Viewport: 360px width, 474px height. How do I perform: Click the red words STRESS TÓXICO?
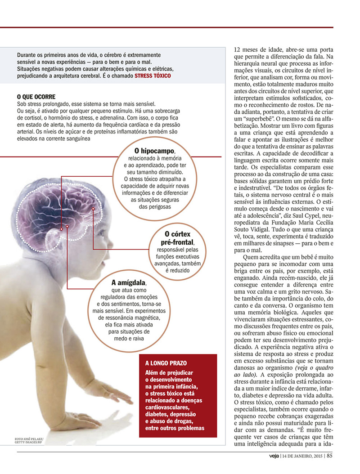[x=153, y=77]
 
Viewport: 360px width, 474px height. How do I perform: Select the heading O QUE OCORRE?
[x=36, y=96]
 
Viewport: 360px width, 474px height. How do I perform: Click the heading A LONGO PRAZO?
[x=166, y=362]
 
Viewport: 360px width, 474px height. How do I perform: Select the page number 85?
[x=330, y=455]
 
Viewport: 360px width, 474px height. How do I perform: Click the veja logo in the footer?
[x=271, y=455]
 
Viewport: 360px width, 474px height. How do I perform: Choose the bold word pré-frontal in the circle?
[x=176, y=243]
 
